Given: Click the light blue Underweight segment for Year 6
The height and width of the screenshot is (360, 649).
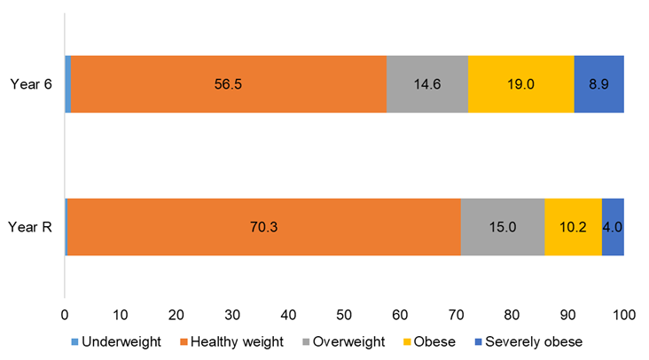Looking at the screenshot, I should click(67, 84).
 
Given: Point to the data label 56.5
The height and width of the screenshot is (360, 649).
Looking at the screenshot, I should click(228, 84).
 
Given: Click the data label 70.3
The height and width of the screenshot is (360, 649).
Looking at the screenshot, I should click(262, 227).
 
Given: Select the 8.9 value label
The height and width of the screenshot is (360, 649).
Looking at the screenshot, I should click(598, 84).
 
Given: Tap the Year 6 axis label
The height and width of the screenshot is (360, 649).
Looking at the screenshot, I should click(29, 84).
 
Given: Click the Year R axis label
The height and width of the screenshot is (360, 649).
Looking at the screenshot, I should click(30, 227).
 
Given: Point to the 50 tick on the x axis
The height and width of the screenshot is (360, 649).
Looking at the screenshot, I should click(344, 314).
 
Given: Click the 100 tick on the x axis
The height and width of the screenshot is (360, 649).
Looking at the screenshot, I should click(623, 314).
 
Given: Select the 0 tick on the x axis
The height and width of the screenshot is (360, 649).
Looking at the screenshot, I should click(65, 314).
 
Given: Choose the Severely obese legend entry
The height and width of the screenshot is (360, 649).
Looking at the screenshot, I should click(529, 341).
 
